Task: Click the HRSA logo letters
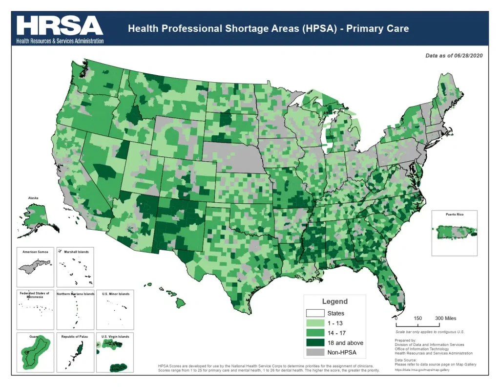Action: [x=60, y=25]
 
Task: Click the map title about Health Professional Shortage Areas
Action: [x=268, y=28]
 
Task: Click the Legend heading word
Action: [x=334, y=301]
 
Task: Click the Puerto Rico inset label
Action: [x=455, y=215]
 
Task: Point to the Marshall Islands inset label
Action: [x=76, y=251]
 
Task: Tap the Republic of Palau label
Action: [x=76, y=337]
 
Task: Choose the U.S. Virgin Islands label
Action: [x=116, y=337]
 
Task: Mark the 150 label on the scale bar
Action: [x=418, y=318]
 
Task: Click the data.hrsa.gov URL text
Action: [x=421, y=370]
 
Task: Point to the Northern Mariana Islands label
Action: [x=76, y=294]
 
